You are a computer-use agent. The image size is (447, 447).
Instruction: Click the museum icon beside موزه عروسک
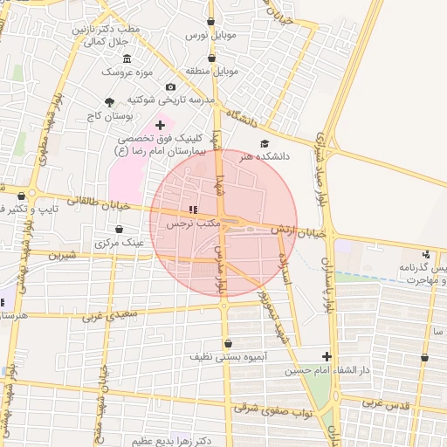point(127,58)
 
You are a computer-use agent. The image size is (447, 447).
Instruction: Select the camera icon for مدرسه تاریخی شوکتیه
point(170,87)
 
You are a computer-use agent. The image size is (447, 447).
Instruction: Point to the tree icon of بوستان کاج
point(109,102)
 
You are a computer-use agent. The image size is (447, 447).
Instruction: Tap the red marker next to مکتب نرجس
point(193,210)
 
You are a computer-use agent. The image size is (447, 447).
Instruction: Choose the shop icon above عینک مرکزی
point(119,230)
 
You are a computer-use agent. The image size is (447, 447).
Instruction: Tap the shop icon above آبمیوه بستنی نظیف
point(229,343)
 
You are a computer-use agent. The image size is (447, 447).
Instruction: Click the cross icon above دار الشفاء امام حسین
point(327,356)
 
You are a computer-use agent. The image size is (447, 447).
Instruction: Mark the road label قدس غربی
point(386,404)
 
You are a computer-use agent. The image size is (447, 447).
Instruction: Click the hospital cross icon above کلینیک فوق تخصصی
point(160,126)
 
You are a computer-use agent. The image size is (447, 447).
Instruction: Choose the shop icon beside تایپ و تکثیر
point(21,196)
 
